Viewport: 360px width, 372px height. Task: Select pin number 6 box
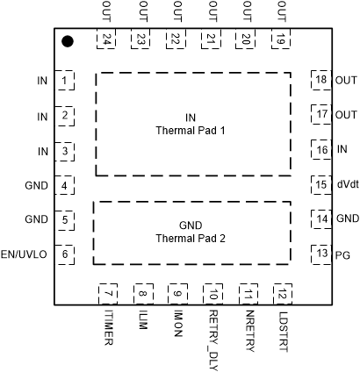point(65,254)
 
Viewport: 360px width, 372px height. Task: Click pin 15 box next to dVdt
point(321,184)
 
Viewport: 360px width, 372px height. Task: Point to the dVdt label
point(347,184)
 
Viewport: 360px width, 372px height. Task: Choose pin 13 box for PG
point(321,254)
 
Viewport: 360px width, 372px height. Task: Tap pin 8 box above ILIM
point(142,294)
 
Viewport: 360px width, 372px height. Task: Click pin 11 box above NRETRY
point(248,294)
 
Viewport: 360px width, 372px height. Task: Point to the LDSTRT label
point(283,329)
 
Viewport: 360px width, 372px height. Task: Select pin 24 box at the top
point(107,40)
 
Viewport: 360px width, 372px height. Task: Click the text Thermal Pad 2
point(191,238)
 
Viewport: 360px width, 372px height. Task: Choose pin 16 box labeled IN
point(321,149)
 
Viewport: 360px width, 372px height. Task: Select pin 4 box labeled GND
point(65,185)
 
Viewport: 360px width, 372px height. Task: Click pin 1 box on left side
point(65,81)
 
